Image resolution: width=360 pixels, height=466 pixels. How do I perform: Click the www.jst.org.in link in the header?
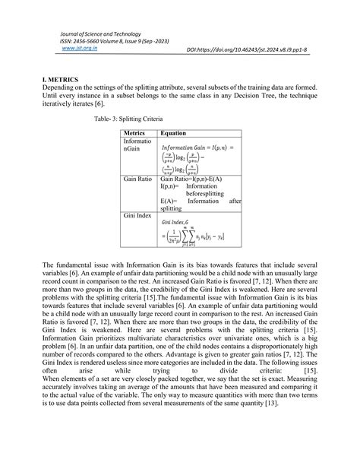(x=73, y=47)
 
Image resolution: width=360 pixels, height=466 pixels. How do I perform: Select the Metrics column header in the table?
(x=134, y=132)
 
